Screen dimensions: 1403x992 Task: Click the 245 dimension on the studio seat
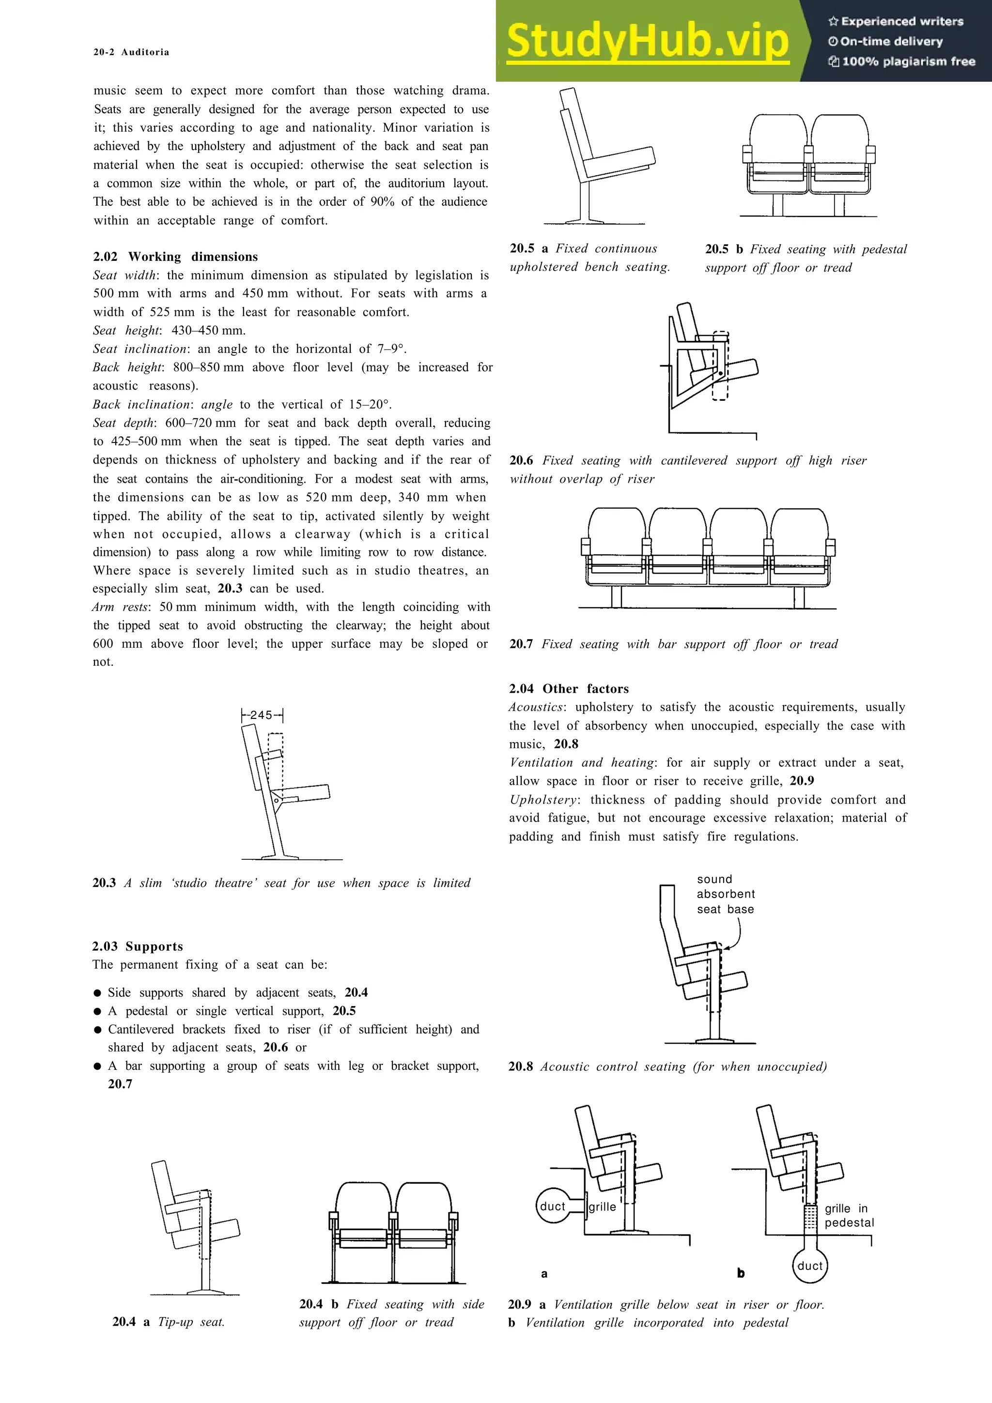[x=261, y=715]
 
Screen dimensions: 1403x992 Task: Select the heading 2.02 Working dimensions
[x=175, y=257]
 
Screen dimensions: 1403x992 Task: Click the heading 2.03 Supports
[x=138, y=946]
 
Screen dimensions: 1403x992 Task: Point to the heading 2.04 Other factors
[x=569, y=688]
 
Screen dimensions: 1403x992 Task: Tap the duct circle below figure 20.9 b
[x=810, y=1266]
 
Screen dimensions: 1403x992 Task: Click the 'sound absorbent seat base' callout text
[x=725, y=894]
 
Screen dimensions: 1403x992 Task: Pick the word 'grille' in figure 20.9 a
[x=602, y=1206]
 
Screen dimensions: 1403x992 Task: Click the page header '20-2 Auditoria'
[x=131, y=52]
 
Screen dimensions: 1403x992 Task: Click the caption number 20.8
[x=520, y=1067]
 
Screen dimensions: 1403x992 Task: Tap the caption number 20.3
[x=104, y=883]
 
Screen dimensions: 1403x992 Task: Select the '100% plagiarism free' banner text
[x=902, y=61]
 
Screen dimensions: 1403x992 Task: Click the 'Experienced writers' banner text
[x=896, y=21]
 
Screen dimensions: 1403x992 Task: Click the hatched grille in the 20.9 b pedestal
[x=810, y=1216]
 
